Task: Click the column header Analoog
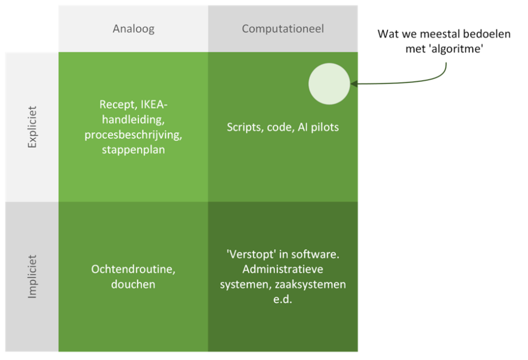point(133,29)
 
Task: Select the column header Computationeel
point(283,29)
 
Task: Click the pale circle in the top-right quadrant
point(329,84)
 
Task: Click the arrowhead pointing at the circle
point(353,84)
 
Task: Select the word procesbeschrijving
point(133,135)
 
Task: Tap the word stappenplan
point(133,150)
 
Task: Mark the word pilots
point(325,128)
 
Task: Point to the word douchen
point(133,284)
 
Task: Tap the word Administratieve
point(283,269)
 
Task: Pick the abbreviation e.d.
point(283,299)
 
